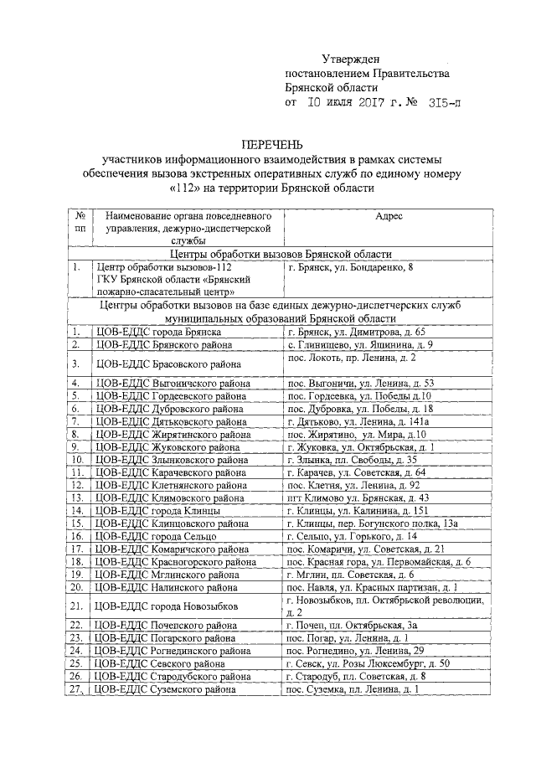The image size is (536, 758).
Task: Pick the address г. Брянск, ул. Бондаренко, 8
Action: [x=349, y=267]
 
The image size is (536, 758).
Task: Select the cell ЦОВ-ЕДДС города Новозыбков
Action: [x=167, y=605]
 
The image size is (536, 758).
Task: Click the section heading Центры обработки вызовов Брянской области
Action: [x=280, y=254]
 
